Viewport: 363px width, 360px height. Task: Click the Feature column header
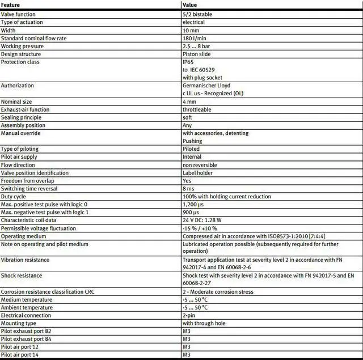10,5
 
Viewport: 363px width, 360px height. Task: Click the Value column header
189,5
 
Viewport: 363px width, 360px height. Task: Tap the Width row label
9,30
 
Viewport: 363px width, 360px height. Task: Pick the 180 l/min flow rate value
194,38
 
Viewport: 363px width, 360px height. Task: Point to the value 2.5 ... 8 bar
197,46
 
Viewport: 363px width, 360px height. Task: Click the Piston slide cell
197,54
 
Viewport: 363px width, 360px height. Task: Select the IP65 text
188,61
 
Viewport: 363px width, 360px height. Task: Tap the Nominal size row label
16,101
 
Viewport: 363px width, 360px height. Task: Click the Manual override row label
19,133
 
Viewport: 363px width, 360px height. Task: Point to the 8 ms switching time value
189,189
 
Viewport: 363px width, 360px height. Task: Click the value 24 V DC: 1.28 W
205,220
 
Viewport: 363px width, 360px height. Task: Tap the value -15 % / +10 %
200,228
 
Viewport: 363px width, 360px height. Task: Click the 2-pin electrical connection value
189,315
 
